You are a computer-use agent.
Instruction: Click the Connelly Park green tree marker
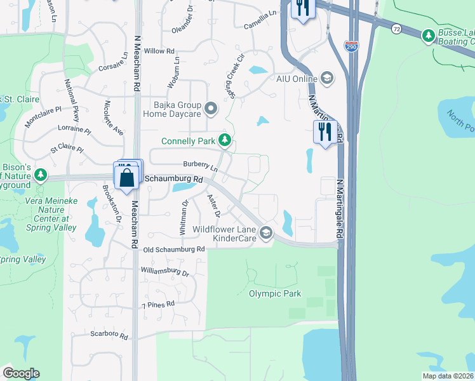click(224, 140)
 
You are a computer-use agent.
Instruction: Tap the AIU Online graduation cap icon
click(327, 79)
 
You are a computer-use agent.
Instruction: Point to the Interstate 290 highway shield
click(351, 46)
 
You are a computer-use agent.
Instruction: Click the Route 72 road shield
click(396, 29)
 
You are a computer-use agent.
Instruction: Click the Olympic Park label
click(274, 293)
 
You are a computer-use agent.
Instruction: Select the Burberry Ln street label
click(200, 166)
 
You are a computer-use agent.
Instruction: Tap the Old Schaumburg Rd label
click(173, 250)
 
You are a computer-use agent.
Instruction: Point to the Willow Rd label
click(159, 51)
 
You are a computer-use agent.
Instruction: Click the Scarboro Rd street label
click(109, 335)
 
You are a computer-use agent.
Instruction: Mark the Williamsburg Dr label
click(165, 272)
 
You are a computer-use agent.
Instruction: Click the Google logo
click(21, 373)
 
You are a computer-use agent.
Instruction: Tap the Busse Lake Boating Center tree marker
click(429, 36)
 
